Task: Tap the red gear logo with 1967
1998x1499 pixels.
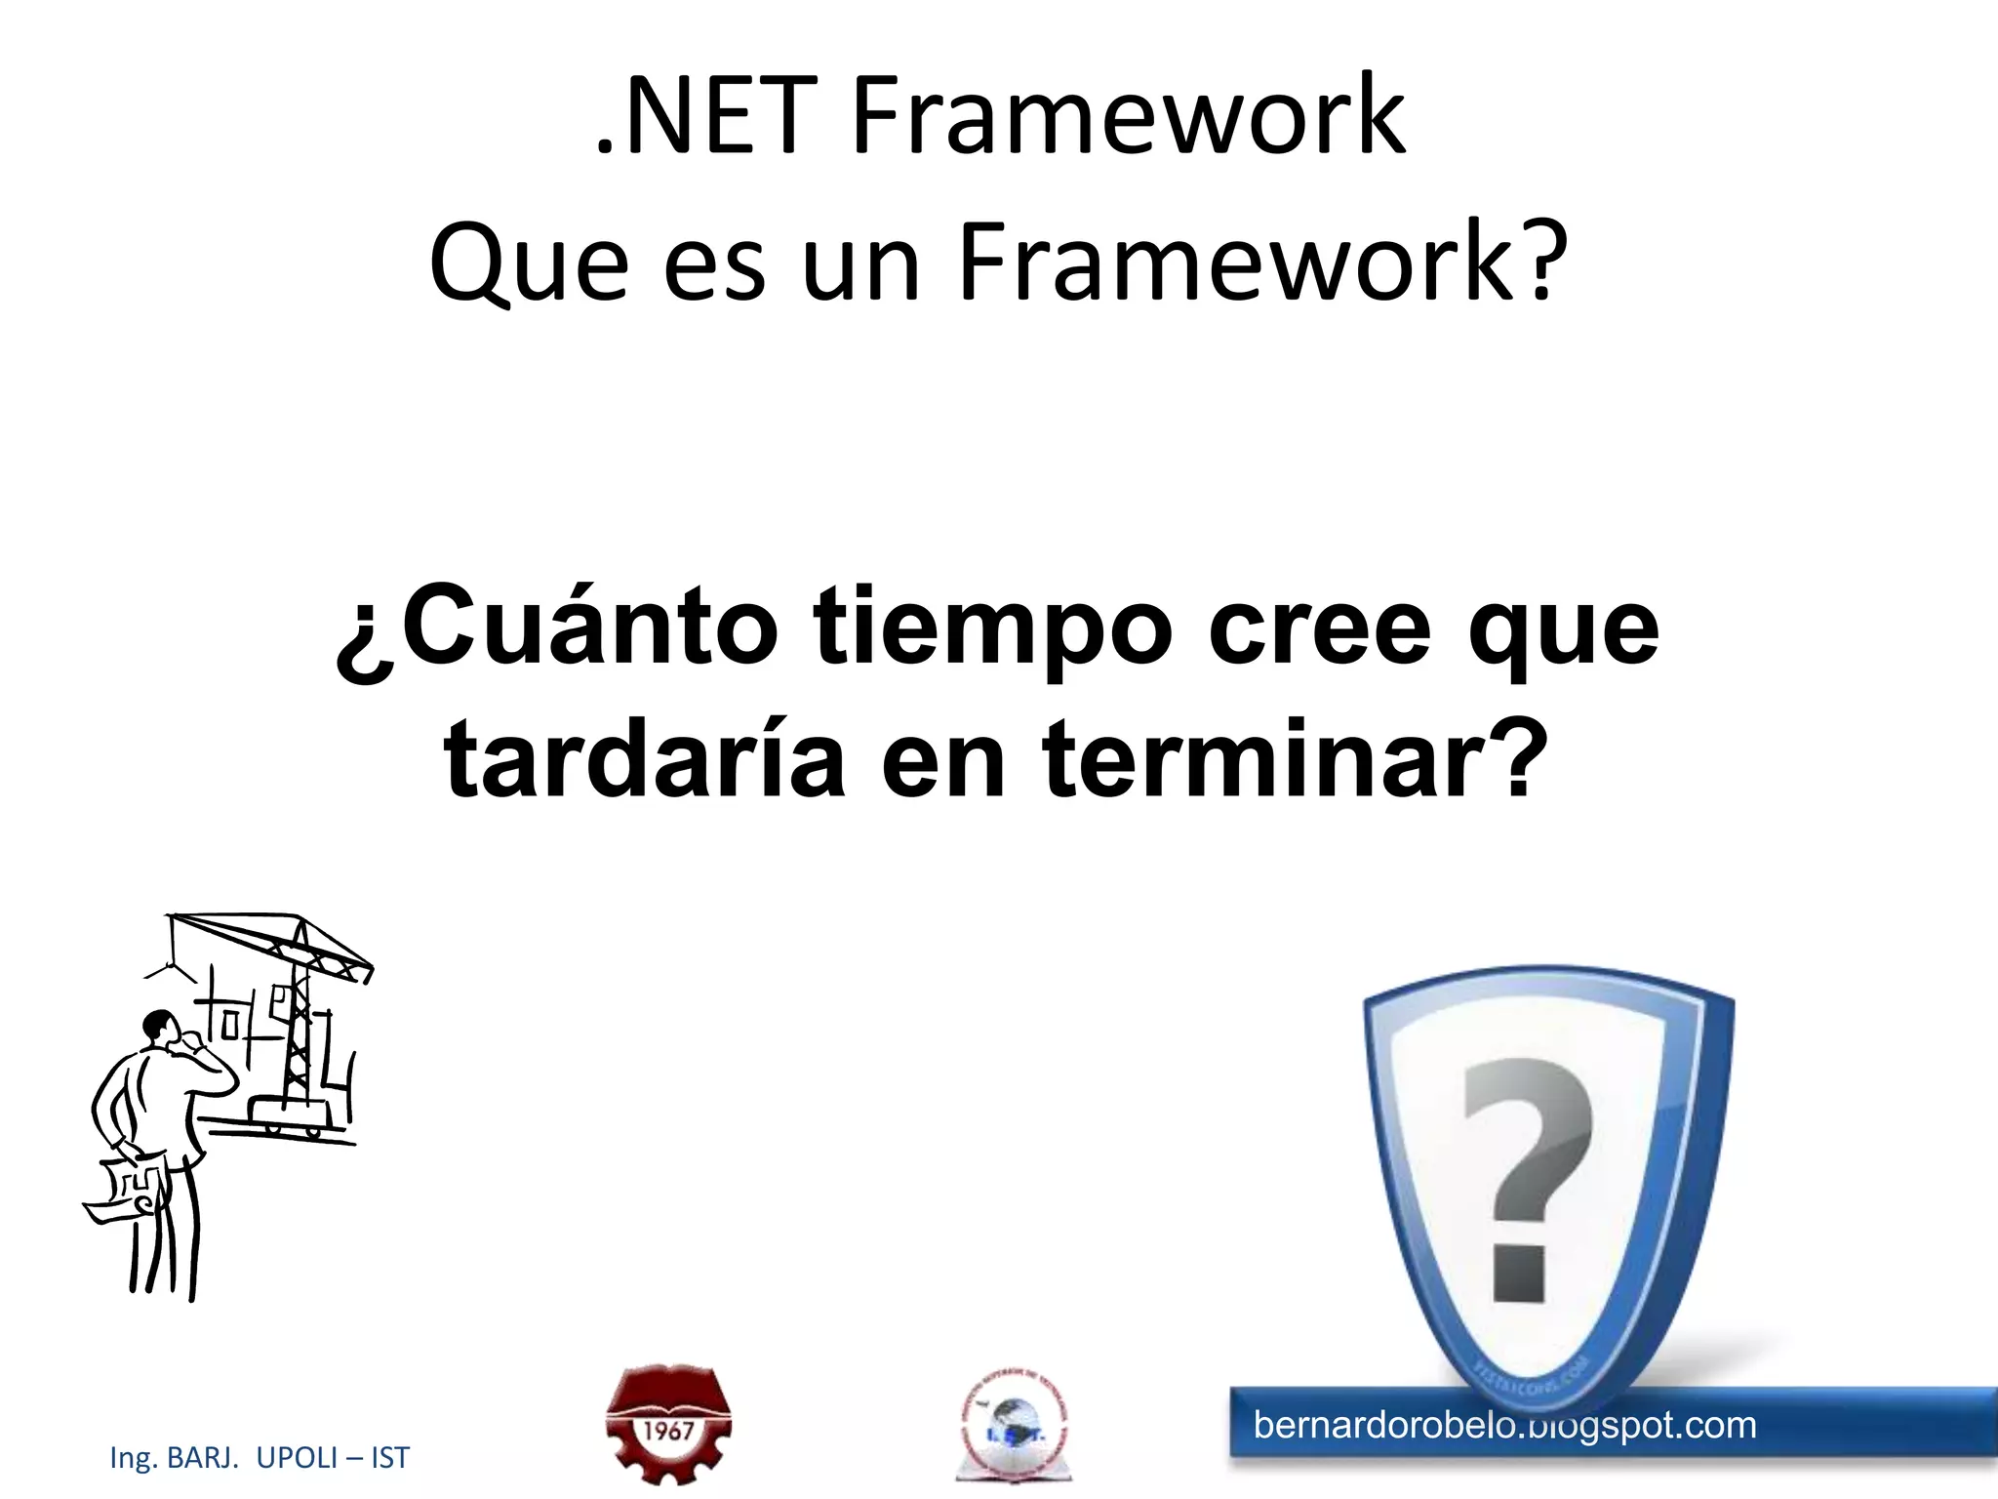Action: pos(668,1424)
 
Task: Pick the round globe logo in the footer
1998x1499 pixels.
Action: pos(1014,1426)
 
